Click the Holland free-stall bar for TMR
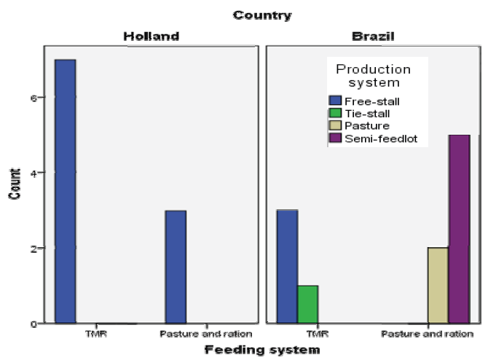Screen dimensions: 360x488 pos(65,191)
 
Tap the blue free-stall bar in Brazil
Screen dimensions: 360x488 pos(287,267)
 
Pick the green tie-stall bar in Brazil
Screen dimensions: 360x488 pos(308,305)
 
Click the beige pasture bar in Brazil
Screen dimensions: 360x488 pos(437,286)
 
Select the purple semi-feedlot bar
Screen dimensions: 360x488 pos(459,229)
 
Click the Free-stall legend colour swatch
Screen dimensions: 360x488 pos(336,100)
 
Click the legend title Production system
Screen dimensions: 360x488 pos(373,76)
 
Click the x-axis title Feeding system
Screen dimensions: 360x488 pos(261,350)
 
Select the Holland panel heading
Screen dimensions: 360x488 pos(151,36)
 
